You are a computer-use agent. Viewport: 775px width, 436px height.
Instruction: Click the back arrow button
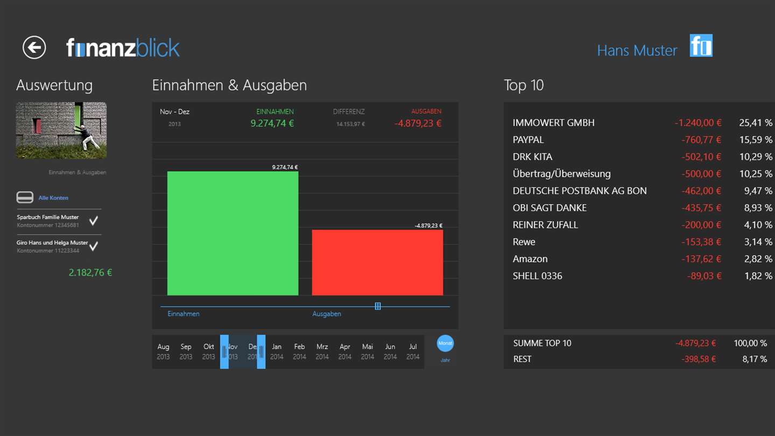click(34, 48)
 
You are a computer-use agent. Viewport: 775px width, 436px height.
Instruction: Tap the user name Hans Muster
click(637, 50)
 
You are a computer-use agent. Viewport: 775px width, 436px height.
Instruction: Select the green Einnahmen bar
click(232, 233)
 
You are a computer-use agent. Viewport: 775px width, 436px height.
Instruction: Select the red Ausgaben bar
click(377, 262)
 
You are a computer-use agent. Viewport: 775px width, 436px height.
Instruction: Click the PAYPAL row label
click(528, 140)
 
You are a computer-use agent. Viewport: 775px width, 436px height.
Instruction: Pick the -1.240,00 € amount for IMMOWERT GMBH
click(698, 123)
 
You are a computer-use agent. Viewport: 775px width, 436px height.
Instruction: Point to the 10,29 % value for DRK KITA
click(756, 157)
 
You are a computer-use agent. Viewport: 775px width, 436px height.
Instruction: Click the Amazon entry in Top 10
click(530, 259)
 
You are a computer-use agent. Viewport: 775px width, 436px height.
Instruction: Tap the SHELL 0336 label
click(537, 276)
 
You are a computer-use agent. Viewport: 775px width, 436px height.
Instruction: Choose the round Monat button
click(445, 343)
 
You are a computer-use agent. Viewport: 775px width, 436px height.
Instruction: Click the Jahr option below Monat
click(445, 360)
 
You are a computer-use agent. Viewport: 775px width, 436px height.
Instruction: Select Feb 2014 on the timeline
click(299, 351)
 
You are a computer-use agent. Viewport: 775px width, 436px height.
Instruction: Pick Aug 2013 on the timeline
click(163, 351)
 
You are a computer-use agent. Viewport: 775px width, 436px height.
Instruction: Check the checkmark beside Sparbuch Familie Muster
click(94, 221)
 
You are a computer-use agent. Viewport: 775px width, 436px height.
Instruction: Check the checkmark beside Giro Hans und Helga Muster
click(94, 246)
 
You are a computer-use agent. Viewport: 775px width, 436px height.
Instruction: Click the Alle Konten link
click(53, 198)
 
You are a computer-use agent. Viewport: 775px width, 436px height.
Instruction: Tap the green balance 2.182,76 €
click(90, 272)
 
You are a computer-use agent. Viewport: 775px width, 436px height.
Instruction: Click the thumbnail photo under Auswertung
click(61, 130)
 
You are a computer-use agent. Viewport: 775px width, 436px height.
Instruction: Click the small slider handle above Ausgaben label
click(378, 306)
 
